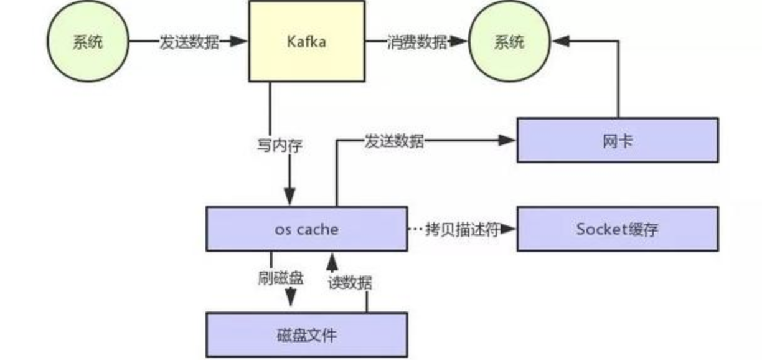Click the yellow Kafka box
click(x=306, y=41)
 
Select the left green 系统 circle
click(x=88, y=42)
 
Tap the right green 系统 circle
click(x=509, y=42)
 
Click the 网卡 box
click(x=617, y=140)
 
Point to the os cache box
click(x=307, y=229)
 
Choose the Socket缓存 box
click(x=617, y=229)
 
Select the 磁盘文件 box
click(x=307, y=335)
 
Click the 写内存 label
click(x=280, y=146)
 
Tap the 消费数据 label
click(x=416, y=42)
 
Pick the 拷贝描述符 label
click(x=462, y=229)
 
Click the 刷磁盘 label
click(x=281, y=278)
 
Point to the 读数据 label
click(x=350, y=282)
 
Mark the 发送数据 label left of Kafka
click(x=189, y=42)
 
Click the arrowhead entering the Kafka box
click(x=240, y=42)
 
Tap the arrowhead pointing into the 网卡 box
click(x=508, y=141)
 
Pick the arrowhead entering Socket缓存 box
click(x=508, y=229)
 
